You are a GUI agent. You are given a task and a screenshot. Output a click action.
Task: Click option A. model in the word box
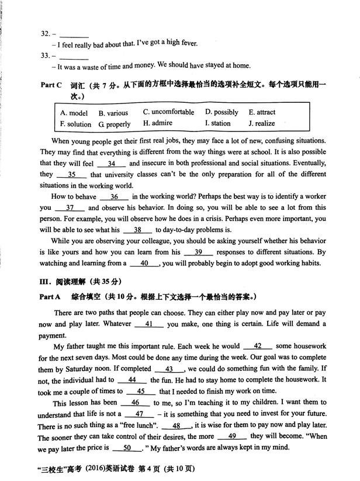pos(74,113)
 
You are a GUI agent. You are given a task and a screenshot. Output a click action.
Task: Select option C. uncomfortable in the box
pos(168,112)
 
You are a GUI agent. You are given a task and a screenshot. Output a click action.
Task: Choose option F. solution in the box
pos(75,124)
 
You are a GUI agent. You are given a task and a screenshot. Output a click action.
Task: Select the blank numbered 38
pos(138,230)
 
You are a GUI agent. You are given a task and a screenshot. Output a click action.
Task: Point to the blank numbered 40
pos(144,263)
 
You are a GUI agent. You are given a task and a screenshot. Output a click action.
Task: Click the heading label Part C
pos(51,85)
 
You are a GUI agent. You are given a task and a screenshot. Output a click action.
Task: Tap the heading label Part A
pos(51,297)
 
